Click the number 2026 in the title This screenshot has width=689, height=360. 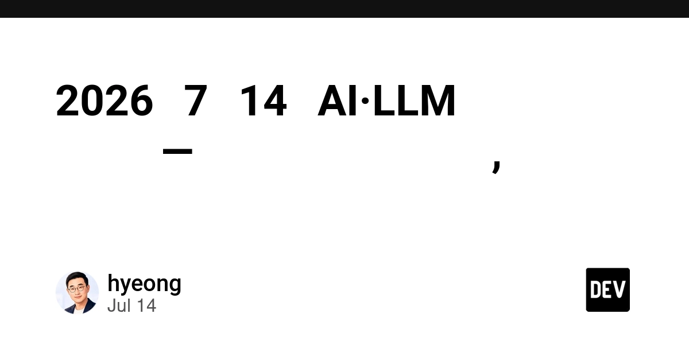[x=104, y=100]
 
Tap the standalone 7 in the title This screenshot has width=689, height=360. [x=196, y=100]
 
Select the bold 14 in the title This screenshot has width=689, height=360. [x=264, y=100]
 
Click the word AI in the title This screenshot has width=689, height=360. [x=337, y=100]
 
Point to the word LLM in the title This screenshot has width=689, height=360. [x=414, y=100]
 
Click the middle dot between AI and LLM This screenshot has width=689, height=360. [x=365, y=100]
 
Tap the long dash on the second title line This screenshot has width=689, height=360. [x=177, y=151]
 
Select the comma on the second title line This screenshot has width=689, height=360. [x=497, y=167]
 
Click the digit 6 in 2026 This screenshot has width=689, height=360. [x=141, y=100]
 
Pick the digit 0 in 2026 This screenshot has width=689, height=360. [x=92, y=100]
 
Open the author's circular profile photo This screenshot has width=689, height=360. [x=77, y=293]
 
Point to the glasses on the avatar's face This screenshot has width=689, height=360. [x=77, y=289]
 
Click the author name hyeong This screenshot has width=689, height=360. [x=144, y=284]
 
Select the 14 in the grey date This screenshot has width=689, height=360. [x=146, y=305]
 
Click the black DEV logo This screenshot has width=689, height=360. [x=608, y=290]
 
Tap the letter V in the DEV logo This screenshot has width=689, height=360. [x=620, y=289]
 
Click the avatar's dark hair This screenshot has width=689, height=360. [x=77, y=277]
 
